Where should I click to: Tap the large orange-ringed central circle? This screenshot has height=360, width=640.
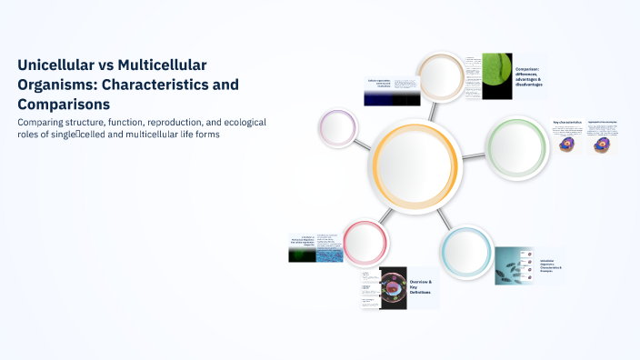pos(414,165)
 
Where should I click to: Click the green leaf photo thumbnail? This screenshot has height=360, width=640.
pos(496,75)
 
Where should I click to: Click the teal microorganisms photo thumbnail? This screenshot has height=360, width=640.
pos(515,266)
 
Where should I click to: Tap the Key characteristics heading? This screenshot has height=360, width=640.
pos(567,121)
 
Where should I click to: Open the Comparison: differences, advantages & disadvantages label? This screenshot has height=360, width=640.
pos(529,76)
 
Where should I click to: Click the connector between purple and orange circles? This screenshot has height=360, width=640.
pos(362,141)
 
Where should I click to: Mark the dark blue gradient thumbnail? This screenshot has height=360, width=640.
pos(392,98)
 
